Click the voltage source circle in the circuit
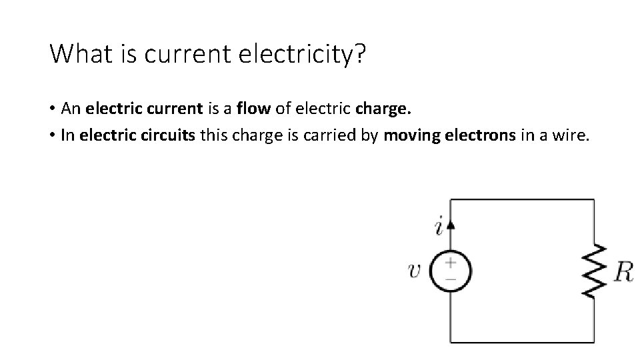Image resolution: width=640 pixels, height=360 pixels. [x=451, y=271]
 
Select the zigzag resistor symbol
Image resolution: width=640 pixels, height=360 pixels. [x=593, y=271]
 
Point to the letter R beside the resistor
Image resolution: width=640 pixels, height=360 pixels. [x=623, y=271]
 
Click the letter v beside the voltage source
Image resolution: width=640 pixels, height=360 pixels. [x=415, y=271]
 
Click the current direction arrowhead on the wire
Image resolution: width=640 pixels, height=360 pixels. [x=451, y=224]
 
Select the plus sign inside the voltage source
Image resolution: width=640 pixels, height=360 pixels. [x=451, y=263]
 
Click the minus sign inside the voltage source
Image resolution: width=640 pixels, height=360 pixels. [x=451, y=279]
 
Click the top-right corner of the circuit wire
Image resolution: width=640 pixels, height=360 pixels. [x=593, y=199]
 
